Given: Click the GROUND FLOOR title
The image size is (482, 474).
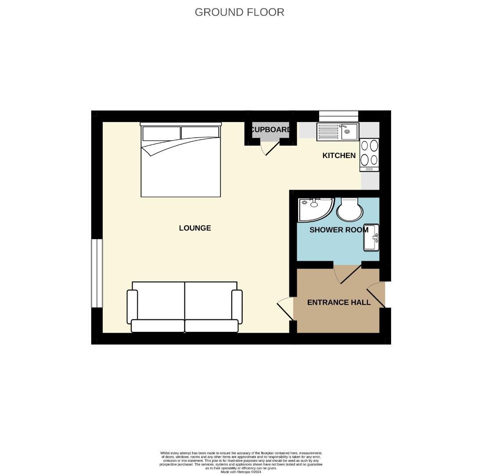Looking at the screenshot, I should (x=239, y=12).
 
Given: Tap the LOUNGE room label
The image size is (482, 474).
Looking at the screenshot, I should (x=195, y=228).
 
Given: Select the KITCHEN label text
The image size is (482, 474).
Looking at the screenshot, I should (x=339, y=155).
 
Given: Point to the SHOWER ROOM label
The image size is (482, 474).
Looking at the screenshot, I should (x=338, y=230).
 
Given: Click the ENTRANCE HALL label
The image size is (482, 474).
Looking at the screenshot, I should (x=338, y=302).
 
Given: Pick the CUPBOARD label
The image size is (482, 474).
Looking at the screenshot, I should (x=270, y=130).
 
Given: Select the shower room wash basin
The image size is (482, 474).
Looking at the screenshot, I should (x=370, y=237).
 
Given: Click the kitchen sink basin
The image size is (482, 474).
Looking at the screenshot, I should (x=349, y=132).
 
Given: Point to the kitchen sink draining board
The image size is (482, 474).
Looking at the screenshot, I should (x=328, y=132).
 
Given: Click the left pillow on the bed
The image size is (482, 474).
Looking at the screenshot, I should (x=161, y=133).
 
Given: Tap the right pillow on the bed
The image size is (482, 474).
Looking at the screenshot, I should (x=200, y=133).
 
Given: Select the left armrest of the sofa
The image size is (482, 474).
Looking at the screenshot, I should (x=132, y=306).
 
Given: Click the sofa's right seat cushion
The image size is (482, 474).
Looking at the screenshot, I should (x=212, y=326).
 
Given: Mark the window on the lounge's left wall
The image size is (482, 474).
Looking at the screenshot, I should (x=97, y=273).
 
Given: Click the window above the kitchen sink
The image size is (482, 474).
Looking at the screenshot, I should (x=338, y=116).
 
